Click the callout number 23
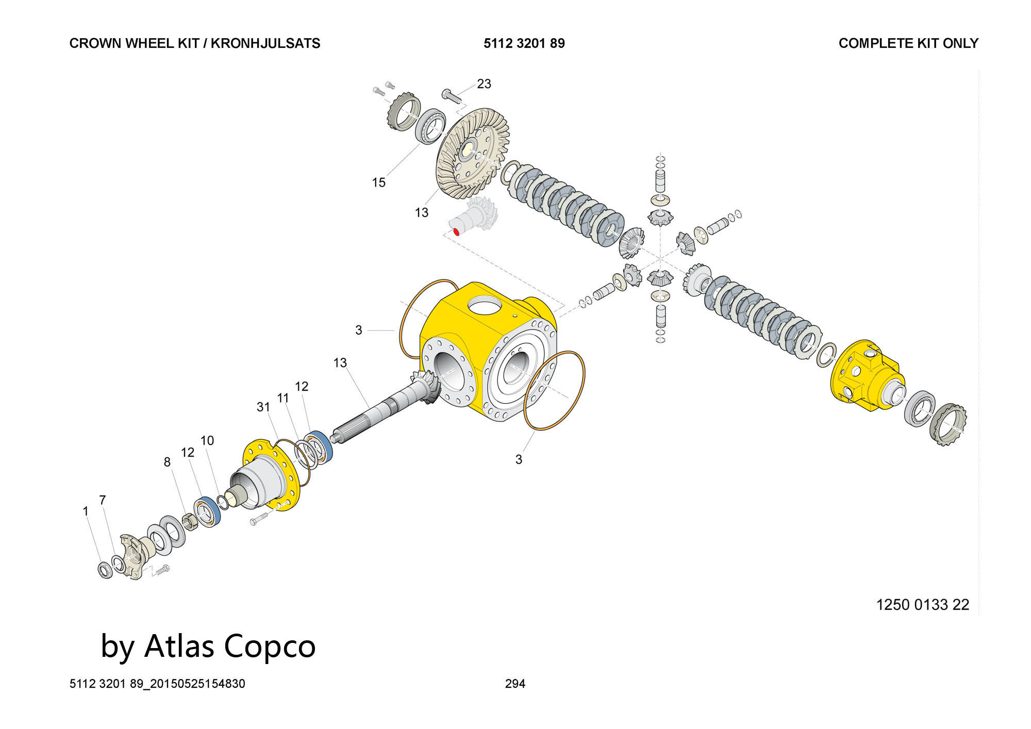click(x=484, y=84)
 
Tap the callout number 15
click(x=378, y=182)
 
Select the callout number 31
click(x=263, y=407)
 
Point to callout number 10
click(x=207, y=440)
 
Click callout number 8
click(x=167, y=462)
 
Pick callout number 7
click(x=103, y=500)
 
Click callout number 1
click(x=86, y=511)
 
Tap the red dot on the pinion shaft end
click(x=456, y=231)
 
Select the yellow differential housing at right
click(x=866, y=375)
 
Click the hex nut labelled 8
click(x=189, y=522)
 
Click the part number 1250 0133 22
click(x=923, y=604)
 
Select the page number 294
click(x=515, y=684)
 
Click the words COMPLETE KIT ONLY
click(x=908, y=43)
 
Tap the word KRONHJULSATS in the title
click(x=265, y=43)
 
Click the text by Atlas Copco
click(x=208, y=646)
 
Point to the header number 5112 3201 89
click(x=524, y=43)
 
